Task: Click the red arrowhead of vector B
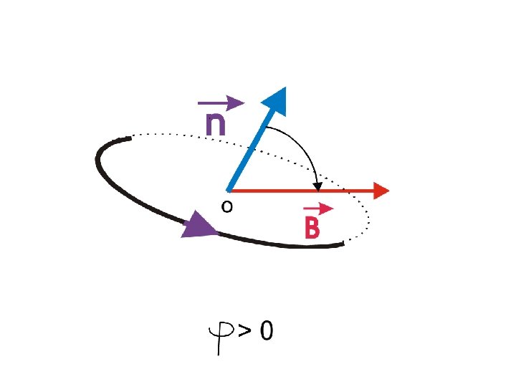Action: tap(381, 191)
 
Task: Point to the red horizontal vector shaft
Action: tap(301, 191)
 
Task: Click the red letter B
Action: tap(312, 228)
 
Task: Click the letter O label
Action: tap(226, 207)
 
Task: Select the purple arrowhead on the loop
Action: tap(199, 227)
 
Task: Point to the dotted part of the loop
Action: tap(186, 135)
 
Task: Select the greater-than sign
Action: tap(246, 331)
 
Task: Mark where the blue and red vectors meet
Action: tap(228, 191)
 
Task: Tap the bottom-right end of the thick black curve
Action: tap(343, 245)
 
